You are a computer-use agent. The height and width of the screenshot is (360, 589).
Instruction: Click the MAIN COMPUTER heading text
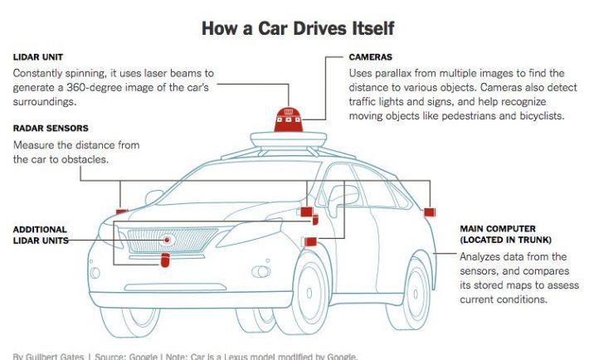pos(497,228)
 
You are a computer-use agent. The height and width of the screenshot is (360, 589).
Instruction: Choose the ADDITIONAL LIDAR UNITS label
pos(40,235)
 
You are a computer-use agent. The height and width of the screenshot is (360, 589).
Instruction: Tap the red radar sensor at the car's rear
pos(429,213)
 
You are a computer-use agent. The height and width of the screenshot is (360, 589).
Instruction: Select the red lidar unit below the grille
pos(164,261)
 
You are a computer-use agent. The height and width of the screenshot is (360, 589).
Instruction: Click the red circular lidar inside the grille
pos(168,240)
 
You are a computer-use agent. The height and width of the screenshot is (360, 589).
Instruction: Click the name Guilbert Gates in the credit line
pos(54,356)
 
